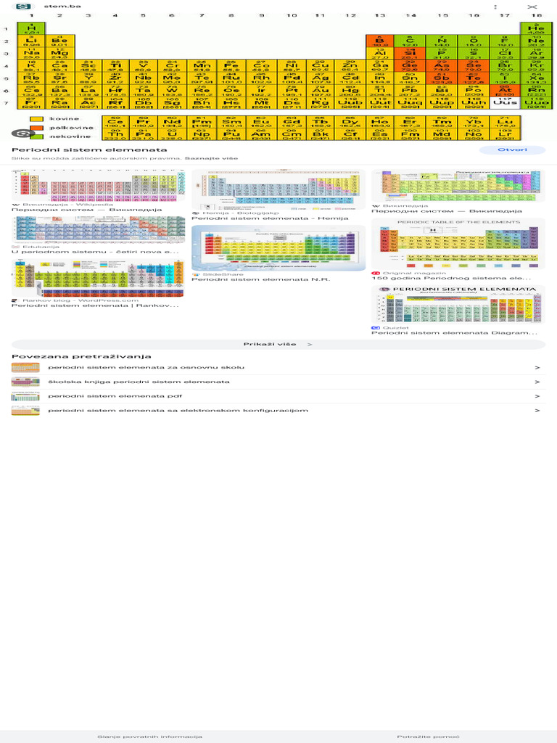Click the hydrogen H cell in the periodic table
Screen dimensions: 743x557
31,29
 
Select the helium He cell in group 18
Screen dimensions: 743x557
535,29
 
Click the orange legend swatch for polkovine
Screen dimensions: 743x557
36,128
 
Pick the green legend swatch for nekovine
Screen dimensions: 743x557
36,136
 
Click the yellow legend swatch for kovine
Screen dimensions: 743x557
36,119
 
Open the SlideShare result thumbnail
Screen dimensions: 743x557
278,247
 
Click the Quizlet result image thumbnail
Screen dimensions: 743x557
458,304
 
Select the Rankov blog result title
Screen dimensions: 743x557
94,305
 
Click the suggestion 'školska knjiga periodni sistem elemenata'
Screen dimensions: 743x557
139,382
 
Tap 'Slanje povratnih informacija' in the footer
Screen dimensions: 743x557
149,736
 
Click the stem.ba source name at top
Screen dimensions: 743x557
57,6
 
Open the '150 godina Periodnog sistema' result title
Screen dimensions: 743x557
451,278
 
